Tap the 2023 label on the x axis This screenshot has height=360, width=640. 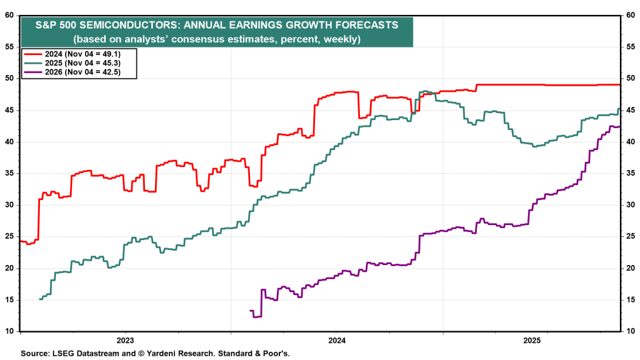click(125, 341)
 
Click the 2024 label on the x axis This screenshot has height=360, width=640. click(337, 341)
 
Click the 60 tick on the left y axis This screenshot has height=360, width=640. click(11, 16)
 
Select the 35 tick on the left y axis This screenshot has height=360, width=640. click(11, 174)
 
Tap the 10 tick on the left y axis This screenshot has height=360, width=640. click(11, 331)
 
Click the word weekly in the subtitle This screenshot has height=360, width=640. click(344, 39)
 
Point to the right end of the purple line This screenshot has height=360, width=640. click(619, 126)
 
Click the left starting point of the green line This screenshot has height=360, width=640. click(40, 299)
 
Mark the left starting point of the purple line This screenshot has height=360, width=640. click(251, 311)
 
